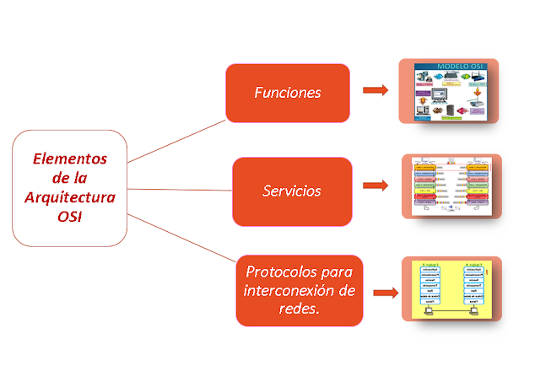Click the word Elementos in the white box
70,158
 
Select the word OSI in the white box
70,215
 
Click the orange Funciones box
288,93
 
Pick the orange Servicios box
292,191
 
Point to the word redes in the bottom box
300,310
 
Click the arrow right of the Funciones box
375,89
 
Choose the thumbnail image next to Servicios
452,186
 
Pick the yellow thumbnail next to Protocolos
451,289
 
